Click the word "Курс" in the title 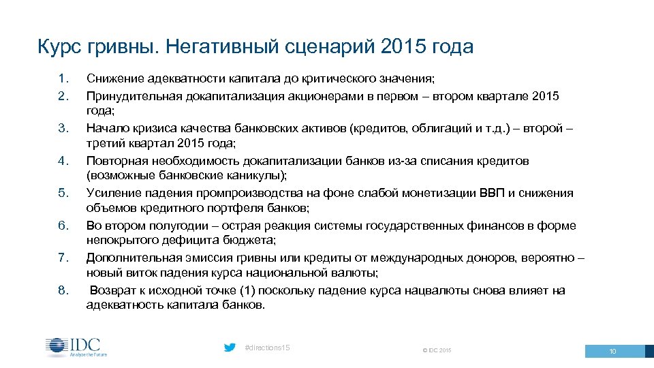tap(61, 47)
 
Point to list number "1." tap(63, 79)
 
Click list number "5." tap(63, 193)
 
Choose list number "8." tap(63, 290)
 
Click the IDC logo tap(76, 347)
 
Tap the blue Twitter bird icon tap(230, 348)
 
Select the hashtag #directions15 tap(267, 348)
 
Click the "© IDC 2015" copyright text tap(437, 350)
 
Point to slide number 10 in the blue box tap(612, 351)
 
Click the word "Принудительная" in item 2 tap(129, 95)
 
